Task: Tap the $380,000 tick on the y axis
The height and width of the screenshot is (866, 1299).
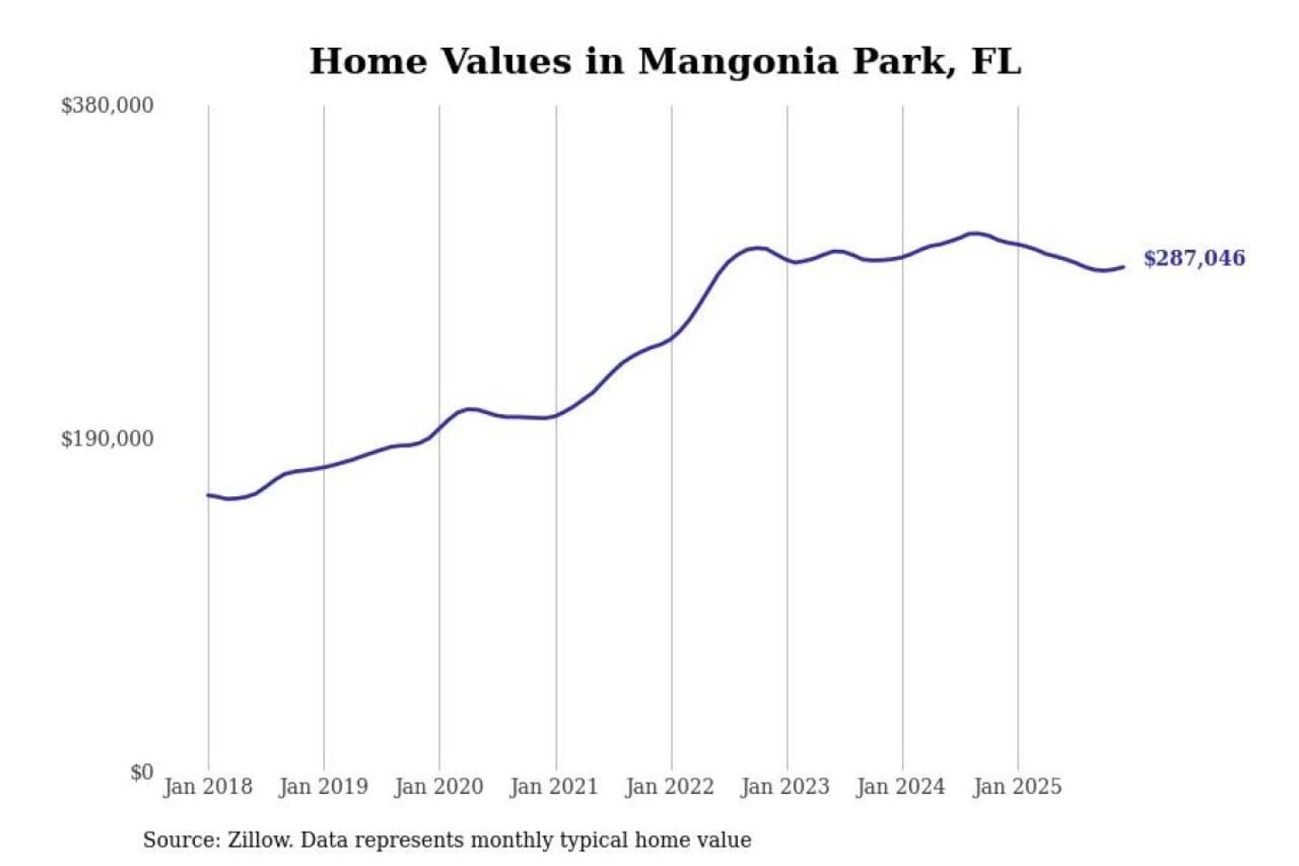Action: click(107, 106)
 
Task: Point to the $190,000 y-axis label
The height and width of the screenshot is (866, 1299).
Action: click(107, 438)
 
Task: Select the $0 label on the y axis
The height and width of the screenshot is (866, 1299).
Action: click(142, 772)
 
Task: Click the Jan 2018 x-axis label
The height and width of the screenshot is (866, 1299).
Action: click(207, 787)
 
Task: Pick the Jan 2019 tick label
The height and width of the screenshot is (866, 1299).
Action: click(323, 787)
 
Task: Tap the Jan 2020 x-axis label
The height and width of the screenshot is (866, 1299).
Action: click(438, 787)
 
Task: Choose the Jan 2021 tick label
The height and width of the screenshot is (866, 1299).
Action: click(554, 787)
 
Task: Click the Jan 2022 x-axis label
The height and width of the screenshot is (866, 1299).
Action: click(669, 787)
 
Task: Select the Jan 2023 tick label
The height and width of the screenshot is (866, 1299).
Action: click(785, 787)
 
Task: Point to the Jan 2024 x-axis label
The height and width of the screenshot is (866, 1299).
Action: click(900, 787)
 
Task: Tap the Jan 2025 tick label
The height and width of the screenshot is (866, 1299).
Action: click(1017, 787)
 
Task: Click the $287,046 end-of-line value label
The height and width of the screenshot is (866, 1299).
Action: click(1193, 258)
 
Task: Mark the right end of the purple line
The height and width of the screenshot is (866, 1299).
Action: click(1123, 266)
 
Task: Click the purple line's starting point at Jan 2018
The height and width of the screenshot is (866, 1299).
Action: click(208, 494)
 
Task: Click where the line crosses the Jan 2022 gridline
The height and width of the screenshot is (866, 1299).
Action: click(671, 339)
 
